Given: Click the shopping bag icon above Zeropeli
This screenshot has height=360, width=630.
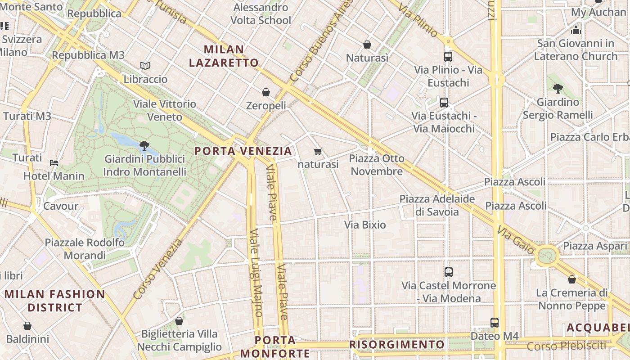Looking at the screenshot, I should [x=266, y=92].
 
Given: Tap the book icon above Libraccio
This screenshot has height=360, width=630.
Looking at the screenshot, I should [x=145, y=66].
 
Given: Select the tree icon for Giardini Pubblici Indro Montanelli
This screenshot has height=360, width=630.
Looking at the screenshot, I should [x=144, y=145].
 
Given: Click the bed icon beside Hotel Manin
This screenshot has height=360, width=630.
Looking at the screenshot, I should [x=54, y=162].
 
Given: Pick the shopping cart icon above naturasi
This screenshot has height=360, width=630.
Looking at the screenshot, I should [x=318, y=151].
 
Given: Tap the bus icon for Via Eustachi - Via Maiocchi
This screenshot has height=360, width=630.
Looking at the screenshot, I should [x=444, y=103].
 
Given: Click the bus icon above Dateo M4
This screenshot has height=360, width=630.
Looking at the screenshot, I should [x=495, y=322].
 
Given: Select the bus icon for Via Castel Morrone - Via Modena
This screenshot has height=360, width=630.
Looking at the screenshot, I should [x=449, y=272].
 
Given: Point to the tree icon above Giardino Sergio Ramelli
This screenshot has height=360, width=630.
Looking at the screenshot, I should [x=558, y=88].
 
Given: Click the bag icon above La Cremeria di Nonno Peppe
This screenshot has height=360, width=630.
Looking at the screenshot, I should [x=572, y=279].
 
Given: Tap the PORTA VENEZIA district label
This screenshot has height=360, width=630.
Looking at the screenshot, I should [x=243, y=151].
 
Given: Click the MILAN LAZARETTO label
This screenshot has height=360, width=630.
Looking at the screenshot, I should [x=224, y=56].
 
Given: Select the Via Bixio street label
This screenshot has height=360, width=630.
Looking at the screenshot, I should [x=365, y=225].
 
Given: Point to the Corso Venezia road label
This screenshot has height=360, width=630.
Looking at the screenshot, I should [x=158, y=269].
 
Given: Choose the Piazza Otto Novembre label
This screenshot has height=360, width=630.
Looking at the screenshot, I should [x=377, y=165].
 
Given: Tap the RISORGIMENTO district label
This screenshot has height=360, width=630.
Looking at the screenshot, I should [x=396, y=345].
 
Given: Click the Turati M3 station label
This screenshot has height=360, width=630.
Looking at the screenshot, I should [x=27, y=116].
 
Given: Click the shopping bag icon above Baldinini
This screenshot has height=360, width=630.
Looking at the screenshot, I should [x=27, y=326].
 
